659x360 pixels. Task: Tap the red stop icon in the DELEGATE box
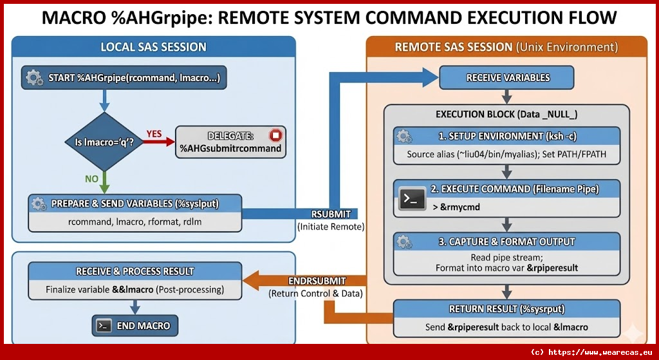point(275,136)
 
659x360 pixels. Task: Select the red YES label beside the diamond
point(154,133)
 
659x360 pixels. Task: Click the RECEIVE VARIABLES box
point(507,78)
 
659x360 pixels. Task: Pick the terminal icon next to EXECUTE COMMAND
point(413,198)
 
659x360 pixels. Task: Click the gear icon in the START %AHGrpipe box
point(35,78)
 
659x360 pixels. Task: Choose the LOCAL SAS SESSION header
point(153,47)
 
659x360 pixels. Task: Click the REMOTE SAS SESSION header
point(506,47)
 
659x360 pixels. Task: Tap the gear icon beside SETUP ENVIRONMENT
point(404,137)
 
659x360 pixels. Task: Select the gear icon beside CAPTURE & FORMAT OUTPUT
point(404,242)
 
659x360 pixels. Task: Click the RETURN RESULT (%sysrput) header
point(506,309)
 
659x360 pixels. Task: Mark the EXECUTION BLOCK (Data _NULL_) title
point(506,114)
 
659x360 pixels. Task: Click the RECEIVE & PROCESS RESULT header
point(135,271)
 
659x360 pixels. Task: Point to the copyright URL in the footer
point(593,352)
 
